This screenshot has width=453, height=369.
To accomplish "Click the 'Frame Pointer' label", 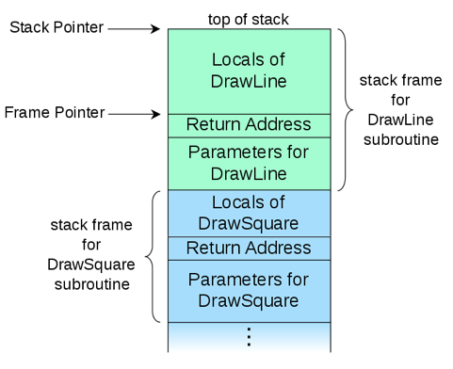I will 54,113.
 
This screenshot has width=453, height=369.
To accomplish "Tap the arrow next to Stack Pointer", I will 136,28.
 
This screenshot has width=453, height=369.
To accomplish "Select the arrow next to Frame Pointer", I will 136,115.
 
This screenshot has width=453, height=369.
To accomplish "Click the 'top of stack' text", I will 249,18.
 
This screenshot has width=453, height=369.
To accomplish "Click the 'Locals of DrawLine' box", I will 249,71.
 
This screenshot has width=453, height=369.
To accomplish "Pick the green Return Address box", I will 249,124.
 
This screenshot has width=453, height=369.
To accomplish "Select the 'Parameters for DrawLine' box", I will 249,163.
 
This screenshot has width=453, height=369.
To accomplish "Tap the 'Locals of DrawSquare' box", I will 249,213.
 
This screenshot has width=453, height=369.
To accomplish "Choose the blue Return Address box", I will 249,248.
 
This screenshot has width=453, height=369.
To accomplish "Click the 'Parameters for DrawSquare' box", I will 249,290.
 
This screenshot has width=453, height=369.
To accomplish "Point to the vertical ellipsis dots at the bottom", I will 249,336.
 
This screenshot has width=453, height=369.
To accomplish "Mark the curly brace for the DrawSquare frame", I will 154,256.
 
